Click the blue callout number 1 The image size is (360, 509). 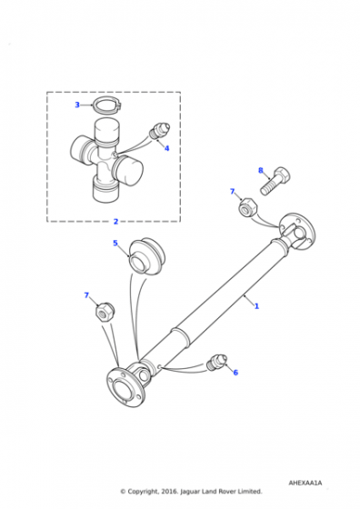point(256,306)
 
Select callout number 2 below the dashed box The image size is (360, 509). point(115,222)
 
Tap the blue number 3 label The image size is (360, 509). point(77,105)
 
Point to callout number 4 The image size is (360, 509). point(166,148)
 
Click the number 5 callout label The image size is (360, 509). point(115,244)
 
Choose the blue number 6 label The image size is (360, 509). point(235,373)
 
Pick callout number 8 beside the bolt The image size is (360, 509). point(261,171)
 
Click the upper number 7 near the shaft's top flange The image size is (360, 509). point(232,192)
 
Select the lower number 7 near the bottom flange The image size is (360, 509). point(86,295)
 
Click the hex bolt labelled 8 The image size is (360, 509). point(275,181)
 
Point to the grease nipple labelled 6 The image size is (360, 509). point(216,363)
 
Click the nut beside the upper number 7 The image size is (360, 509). point(248,205)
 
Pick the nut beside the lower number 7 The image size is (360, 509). point(105,312)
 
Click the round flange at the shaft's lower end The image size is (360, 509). point(125,387)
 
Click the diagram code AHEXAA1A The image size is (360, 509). point(305,483)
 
